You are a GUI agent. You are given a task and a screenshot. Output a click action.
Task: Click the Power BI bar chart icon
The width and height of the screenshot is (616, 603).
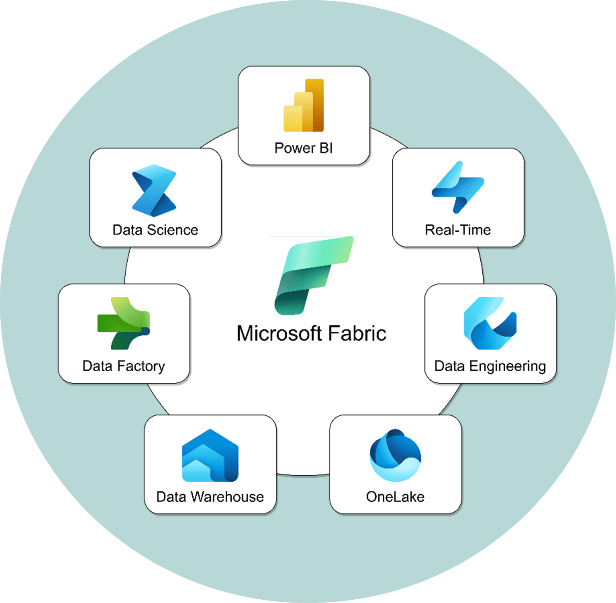(x=304, y=106)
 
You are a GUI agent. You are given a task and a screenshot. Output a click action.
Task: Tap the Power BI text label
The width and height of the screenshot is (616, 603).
(x=303, y=148)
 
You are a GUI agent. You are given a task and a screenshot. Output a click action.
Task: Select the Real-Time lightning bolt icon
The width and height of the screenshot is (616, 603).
(x=458, y=187)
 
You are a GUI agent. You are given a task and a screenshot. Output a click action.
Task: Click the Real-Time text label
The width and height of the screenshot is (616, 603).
(x=458, y=230)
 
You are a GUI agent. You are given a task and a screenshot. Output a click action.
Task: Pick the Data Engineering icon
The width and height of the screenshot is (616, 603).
(x=490, y=323)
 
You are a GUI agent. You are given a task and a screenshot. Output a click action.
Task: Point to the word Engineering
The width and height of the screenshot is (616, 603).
(x=507, y=366)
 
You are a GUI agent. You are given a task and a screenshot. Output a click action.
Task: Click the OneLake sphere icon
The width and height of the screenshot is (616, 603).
(x=395, y=455)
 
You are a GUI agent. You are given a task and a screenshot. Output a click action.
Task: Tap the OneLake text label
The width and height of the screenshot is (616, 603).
(x=395, y=497)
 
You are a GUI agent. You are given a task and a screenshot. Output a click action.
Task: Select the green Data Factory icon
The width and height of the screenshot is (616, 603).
(x=123, y=323)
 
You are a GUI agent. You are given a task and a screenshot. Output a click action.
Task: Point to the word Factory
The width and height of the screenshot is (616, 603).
(x=141, y=366)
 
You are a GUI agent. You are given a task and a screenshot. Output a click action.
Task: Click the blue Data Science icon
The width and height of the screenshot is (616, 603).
(x=154, y=190)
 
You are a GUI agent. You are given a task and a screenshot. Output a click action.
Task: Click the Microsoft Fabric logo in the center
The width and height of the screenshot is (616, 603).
(x=313, y=275)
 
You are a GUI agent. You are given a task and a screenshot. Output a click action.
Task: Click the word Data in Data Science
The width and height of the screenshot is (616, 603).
(x=127, y=230)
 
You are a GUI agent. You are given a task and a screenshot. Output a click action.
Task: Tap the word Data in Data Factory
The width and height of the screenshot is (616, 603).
(x=97, y=366)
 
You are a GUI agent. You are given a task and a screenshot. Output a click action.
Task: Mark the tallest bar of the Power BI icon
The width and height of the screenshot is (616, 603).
(x=315, y=105)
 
